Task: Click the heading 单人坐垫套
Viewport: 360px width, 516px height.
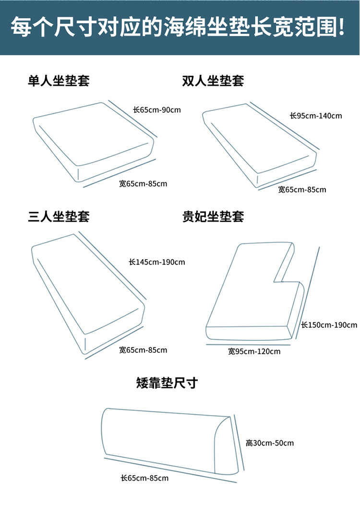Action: pos(59,80)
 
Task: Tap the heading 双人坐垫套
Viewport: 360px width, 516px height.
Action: pos(213,80)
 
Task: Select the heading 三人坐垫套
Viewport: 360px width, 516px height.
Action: pos(59,216)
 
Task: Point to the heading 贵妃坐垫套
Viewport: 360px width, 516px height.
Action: pos(213,216)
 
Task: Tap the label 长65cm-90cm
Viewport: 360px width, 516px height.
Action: pos(157,109)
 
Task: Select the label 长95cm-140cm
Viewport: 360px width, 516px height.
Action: pos(316,116)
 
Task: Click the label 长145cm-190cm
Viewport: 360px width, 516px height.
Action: pos(157,262)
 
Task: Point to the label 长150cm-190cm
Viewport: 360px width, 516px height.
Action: pos(329,325)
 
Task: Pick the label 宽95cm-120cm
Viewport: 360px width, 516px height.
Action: pos(254,351)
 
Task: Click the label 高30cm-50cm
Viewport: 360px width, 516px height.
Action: pos(270,443)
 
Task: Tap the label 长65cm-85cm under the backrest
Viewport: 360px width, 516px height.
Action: pos(144,478)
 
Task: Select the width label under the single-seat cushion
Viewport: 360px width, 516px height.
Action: pos(143,183)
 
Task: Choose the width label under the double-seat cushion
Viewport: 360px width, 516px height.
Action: pos(302,190)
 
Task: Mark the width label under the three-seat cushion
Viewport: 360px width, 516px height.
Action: pos(143,350)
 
